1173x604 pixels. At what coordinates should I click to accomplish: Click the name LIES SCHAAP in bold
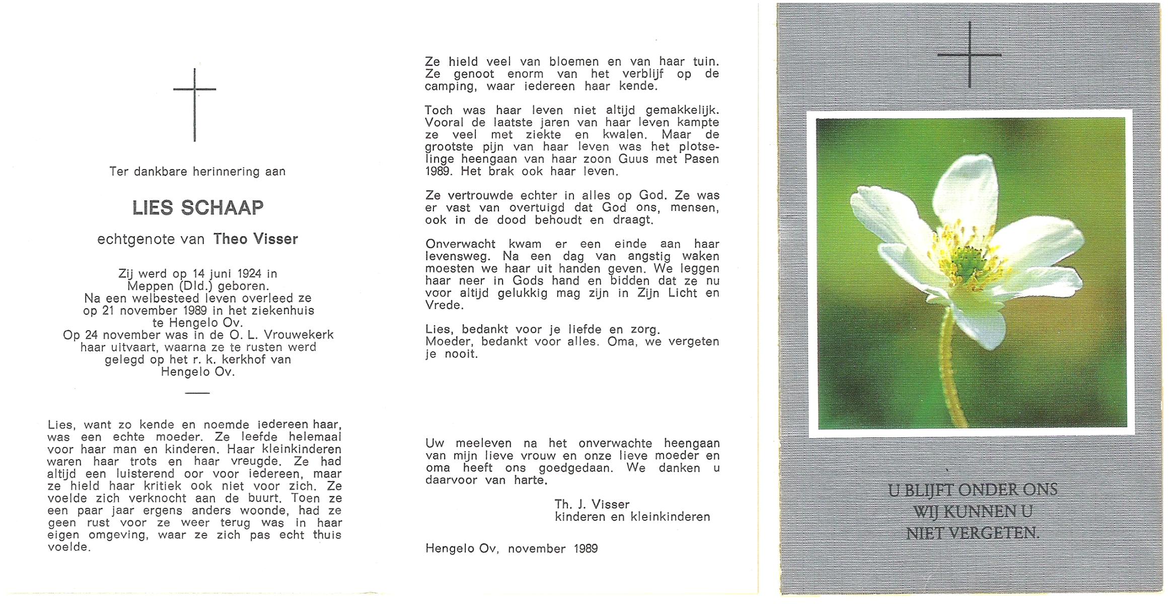point(198,208)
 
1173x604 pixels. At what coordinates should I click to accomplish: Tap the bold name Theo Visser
point(255,239)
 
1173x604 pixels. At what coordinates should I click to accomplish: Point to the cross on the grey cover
point(969,54)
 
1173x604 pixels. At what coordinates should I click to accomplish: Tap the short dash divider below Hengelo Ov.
point(197,393)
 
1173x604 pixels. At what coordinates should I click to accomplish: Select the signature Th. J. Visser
point(592,504)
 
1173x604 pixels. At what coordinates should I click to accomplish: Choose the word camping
point(450,86)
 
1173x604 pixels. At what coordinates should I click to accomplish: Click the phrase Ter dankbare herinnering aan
point(197,172)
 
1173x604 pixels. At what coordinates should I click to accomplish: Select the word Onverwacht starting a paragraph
point(461,244)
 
